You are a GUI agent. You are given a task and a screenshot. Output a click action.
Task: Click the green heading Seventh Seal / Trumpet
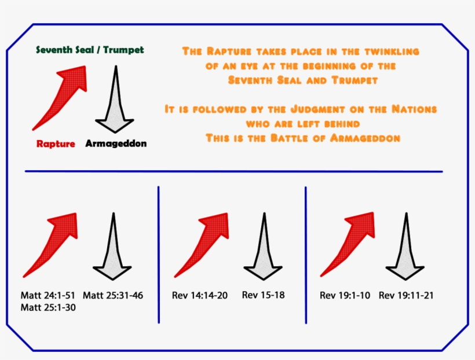(90, 50)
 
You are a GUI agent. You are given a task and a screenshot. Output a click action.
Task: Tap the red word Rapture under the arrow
(56, 144)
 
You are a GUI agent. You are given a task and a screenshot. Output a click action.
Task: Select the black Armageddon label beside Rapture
(116, 143)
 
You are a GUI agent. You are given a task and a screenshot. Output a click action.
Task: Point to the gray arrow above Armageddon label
(115, 98)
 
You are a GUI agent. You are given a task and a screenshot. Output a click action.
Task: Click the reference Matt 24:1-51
(48, 296)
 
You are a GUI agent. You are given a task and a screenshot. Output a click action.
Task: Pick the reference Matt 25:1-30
(48, 307)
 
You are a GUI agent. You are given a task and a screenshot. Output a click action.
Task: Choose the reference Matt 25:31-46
(112, 296)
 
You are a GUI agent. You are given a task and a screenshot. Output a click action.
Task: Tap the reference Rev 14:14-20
(200, 296)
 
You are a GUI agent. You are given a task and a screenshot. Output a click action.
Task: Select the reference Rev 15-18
(263, 295)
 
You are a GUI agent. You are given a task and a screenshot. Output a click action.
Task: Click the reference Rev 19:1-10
(345, 296)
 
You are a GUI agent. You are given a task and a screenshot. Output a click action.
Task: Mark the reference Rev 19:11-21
(406, 296)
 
